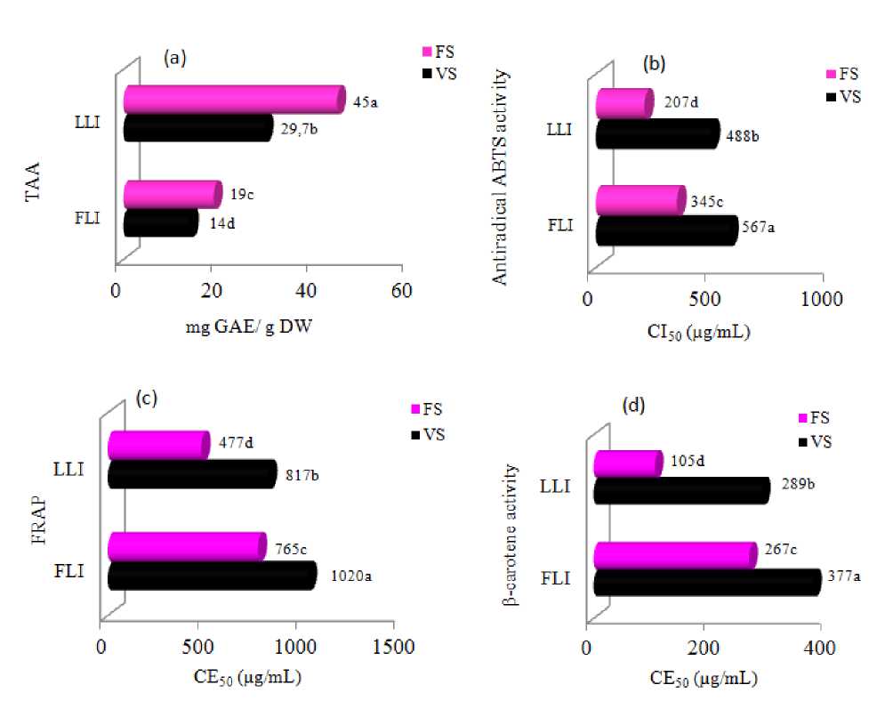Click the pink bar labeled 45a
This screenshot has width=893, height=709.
click(x=233, y=99)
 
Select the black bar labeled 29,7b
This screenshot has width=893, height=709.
click(x=197, y=129)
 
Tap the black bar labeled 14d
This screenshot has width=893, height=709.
click(x=160, y=223)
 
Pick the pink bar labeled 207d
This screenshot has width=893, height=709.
click(x=624, y=104)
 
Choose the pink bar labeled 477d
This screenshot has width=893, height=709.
click(x=158, y=445)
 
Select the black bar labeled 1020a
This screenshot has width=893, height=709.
click(x=212, y=576)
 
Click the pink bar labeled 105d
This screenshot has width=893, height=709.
click(x=628, y=463)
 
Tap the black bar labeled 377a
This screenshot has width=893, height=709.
click(x=707, y=582)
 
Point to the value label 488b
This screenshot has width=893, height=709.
click(x=750, y=135)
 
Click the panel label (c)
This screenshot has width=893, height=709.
click(x=146, y=398)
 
